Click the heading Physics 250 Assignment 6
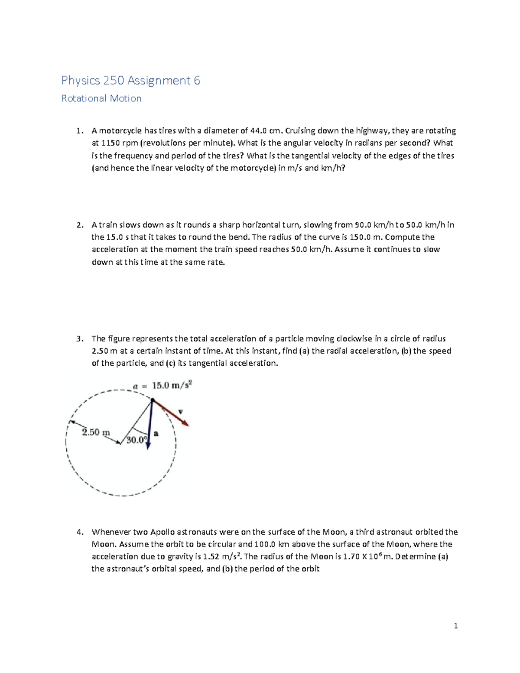click(x=130, y=81)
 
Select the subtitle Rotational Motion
click(x=101, y=98)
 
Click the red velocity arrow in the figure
click(x=171, y=413)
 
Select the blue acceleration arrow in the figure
click(x=149, y=425)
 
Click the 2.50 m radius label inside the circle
click(x=96, y=432)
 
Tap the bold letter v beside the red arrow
click(x=181, y=411)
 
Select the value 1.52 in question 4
click(x=211, y=556)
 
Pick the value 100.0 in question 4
click(x=265, y=544)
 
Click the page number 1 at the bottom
click(x=455, y=625)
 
